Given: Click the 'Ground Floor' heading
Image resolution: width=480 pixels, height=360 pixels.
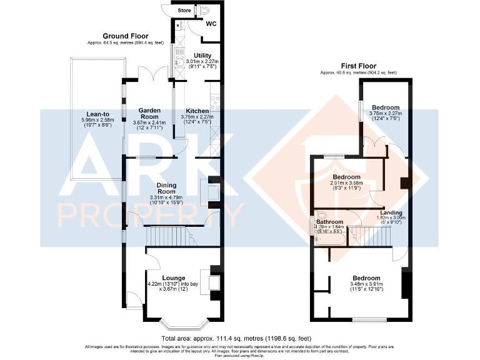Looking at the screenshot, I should click(x=125, y=36).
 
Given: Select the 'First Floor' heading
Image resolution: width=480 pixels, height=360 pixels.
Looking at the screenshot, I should click(x=357, y=66).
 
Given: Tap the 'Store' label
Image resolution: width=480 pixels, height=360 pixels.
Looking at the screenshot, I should click(x=184, y=10).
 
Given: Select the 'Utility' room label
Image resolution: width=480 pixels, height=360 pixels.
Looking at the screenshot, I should click(x=202, y=55).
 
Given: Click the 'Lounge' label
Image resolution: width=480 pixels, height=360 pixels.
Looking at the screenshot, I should click(x=173, y=278).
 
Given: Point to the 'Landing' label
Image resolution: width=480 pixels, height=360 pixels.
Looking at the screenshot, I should click(x=391, y=212).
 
